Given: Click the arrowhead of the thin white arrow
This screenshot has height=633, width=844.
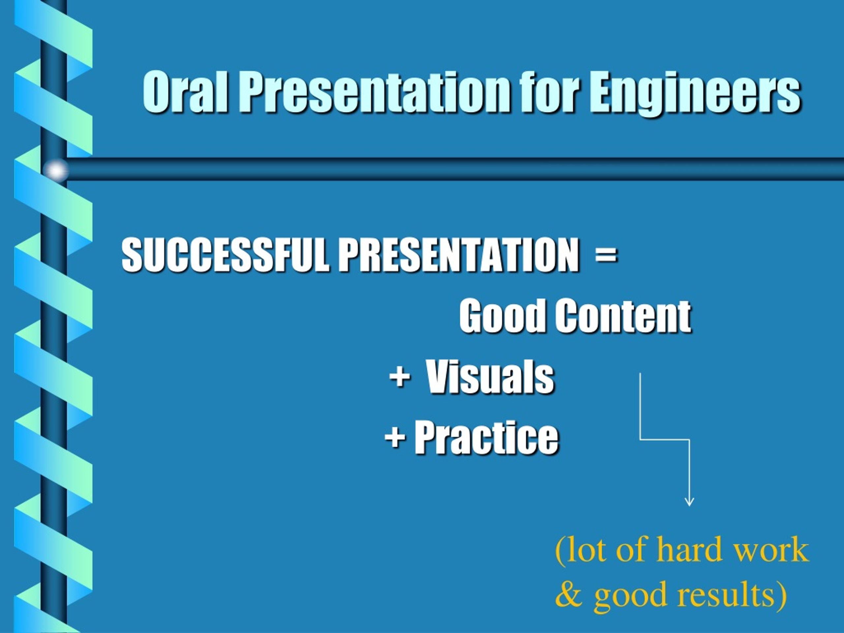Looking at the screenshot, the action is (689, 502).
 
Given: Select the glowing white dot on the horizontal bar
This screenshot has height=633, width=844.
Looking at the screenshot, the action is (56, 170).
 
